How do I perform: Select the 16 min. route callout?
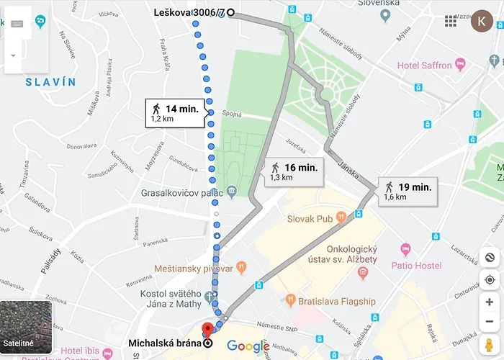293,171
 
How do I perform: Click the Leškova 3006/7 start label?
189,12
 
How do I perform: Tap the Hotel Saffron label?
425,66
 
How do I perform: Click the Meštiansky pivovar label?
194,269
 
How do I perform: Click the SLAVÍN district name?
50,82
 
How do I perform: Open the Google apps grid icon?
451,21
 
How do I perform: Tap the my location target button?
490,280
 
